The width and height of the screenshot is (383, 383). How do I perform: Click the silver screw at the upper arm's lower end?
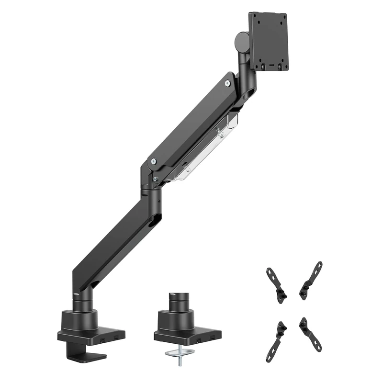[x=152, y=162]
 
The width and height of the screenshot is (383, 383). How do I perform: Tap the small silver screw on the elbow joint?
[x=155, y=179]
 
